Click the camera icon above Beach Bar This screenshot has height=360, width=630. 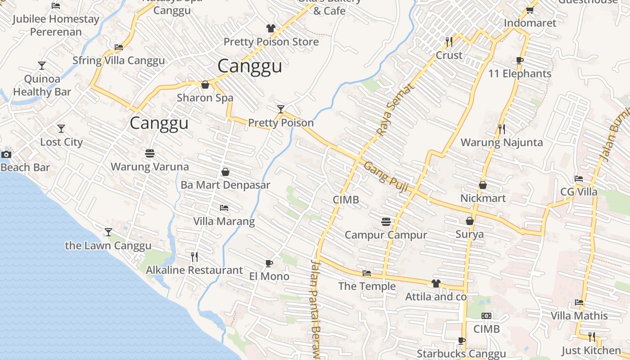6,155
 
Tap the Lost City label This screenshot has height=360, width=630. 62,142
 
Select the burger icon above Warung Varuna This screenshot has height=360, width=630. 150,153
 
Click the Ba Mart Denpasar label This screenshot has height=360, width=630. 225,185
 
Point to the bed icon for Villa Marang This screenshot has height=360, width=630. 224,208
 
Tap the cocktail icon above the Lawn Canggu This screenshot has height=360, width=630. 108,232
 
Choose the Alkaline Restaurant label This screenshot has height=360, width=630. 194,270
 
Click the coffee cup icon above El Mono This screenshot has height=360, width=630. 269,263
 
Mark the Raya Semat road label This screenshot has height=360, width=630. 389,110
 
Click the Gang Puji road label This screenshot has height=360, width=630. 386,176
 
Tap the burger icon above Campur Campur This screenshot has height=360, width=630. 386,221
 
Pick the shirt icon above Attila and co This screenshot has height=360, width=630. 436,283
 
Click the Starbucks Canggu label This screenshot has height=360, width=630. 461,354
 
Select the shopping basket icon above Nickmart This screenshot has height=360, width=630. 483,185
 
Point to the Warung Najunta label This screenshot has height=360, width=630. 502,143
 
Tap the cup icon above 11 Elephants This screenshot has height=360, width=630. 520,60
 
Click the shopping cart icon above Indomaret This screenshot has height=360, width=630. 530,10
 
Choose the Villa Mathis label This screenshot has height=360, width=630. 579,316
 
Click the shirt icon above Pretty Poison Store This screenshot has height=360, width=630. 270,28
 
